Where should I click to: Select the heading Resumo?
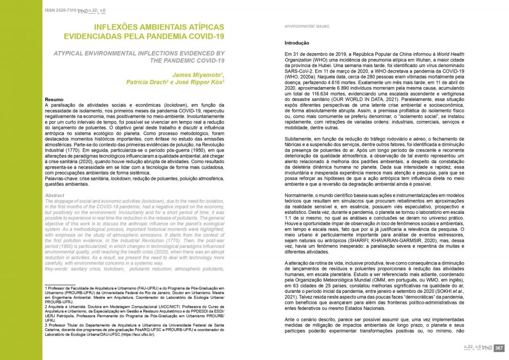tap(54, 99)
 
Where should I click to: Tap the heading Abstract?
tap(55, 195)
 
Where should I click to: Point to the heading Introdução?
tap(297, 43)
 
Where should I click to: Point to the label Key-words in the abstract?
tap(59, 269)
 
